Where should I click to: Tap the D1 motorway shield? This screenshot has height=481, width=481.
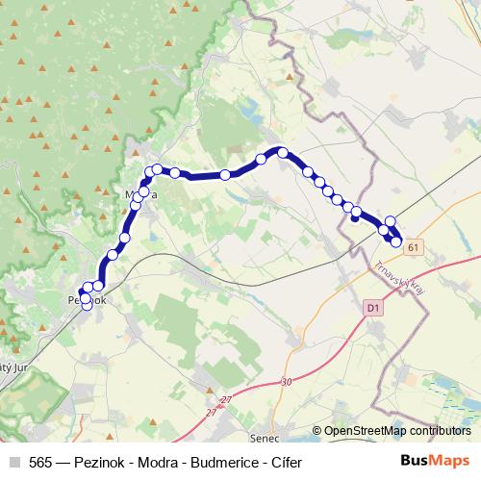tap(374, 307)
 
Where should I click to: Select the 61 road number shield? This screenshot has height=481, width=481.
tap(414, 248)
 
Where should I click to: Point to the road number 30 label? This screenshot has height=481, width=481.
tap(286, 382)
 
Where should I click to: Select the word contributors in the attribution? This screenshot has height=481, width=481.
tap(441, 432)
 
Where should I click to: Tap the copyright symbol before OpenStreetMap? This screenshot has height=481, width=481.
tap(316, 432)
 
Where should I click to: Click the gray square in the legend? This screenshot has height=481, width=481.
tap(13, 461)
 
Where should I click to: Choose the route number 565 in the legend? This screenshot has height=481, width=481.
tap(40, 461)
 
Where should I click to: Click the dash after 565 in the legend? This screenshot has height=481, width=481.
tap(63, 461)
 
